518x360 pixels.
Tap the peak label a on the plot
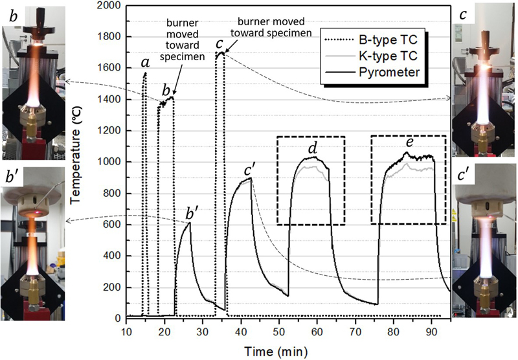(146, 63)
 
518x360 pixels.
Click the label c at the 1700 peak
(220, 43)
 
